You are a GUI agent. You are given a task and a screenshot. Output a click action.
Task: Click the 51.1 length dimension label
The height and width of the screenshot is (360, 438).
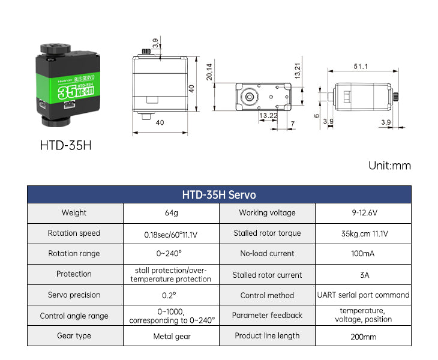pos(361,67)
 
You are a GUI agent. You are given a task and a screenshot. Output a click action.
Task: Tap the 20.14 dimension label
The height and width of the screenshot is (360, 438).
pos(209,72)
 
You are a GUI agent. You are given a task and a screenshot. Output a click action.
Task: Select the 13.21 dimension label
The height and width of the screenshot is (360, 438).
pos(298,70)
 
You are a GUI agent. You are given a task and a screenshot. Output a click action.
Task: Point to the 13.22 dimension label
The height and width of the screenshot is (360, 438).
pos(268,115)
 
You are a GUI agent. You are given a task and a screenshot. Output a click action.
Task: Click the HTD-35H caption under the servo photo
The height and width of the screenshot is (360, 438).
pos(65,146)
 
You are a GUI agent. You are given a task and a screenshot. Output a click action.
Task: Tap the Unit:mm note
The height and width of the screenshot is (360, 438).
pos(389,166)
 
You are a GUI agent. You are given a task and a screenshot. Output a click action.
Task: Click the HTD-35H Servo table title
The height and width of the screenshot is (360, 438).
pos(219,195)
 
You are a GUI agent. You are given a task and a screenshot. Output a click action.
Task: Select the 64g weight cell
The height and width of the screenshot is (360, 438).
pos(171,213)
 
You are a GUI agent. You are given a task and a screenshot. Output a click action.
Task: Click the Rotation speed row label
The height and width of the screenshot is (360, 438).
pos(74,233)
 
